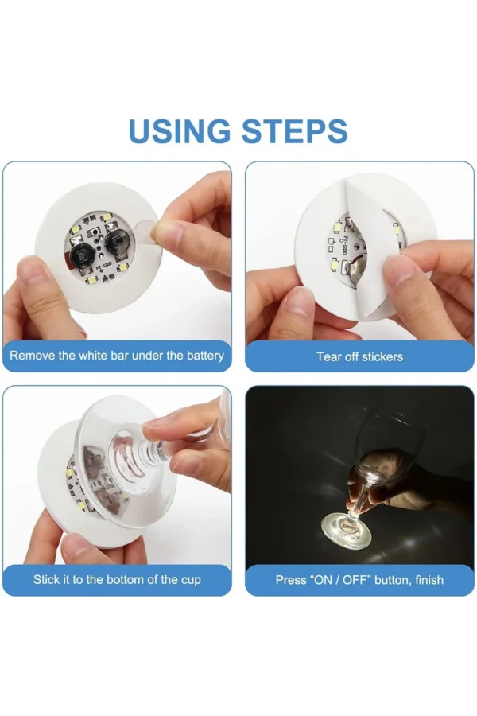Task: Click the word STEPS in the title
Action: [x=295, y=131]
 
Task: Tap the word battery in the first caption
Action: [x=202, y=356]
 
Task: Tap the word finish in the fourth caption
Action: [x=428, y=580]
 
